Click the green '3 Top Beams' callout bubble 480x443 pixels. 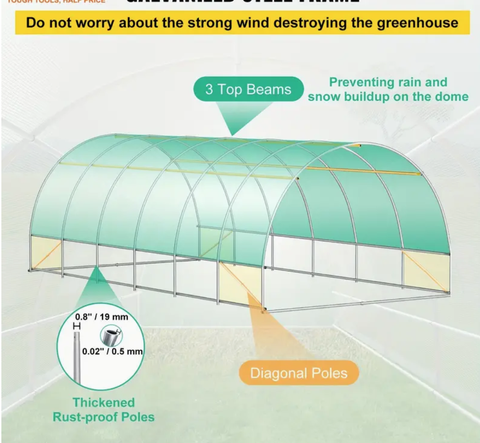248,89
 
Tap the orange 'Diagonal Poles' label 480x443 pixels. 299,373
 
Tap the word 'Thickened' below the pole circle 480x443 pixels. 104,402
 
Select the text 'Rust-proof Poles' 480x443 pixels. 104,417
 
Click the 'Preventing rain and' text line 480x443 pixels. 388,82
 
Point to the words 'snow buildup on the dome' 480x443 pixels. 388,97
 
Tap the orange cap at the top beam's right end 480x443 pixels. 360,145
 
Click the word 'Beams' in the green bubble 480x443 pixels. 270,89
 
